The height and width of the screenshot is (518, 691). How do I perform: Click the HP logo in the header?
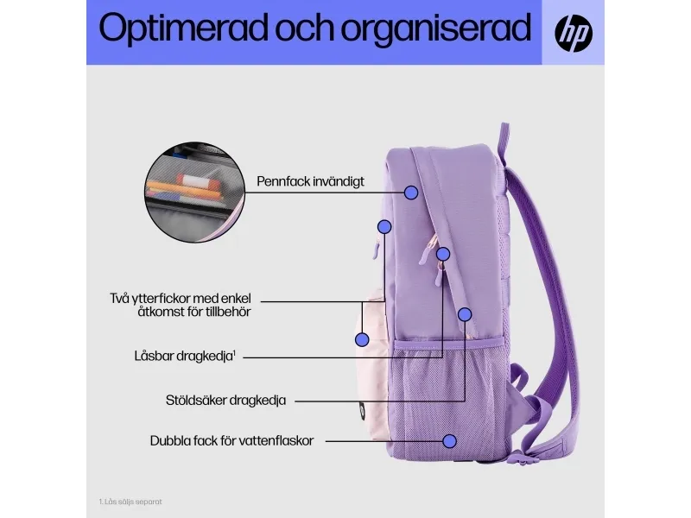click(x=574, y=33)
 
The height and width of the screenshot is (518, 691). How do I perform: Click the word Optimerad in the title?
click(x=183, y=28)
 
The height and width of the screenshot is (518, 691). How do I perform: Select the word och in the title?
click(x=305, y=28)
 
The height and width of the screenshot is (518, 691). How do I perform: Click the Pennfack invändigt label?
click(x=310, y=181)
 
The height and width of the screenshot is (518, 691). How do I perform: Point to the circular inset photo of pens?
click(x=194, y=192)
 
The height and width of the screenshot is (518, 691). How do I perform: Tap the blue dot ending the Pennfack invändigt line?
click(x=411, y=193)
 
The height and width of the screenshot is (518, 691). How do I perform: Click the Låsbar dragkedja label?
click(x=185, y=356)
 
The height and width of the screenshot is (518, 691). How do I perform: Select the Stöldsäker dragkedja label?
click(x=225, y=401)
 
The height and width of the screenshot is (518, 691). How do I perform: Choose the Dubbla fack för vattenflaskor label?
click(x=231, y=441)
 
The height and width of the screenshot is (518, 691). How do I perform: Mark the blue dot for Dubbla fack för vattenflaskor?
click(x=449, y=441)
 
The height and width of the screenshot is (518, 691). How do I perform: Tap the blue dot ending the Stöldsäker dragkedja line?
click(x=465, y=314)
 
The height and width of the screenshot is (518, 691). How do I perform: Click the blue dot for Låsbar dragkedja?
click(x=443, y=254)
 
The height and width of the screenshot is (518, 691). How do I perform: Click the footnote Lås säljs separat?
click(x=130, y=502)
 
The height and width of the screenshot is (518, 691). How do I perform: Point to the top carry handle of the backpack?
click(x=504, y=141)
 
